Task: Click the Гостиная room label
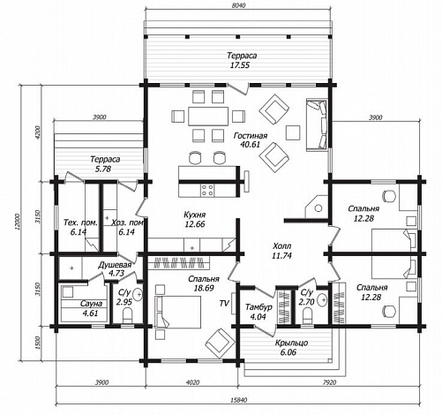point(251,136)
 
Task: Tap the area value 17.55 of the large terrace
point(240,65)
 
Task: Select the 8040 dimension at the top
point(238,5)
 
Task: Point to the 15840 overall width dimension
point(238,400)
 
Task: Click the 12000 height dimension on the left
point(18,222)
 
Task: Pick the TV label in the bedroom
point(224,303)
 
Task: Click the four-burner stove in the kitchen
point(207,190)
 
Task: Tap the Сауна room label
point(91,304)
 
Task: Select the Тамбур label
point(258,307)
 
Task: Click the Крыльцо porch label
point(291,343)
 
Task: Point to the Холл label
point(282,245)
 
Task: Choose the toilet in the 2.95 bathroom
point(128,316)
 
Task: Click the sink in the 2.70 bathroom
point(322,299)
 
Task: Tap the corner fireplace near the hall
point(317,207)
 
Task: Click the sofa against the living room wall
point(317,125)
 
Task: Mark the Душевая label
point(115,265)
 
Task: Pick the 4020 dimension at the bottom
point(192,382)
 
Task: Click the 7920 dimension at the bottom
point(329,382)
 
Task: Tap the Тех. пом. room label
point(80,223)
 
